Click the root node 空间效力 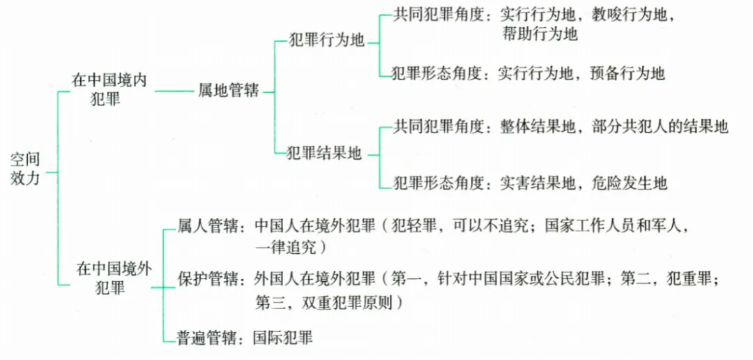click(26, 170)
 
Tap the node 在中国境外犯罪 click(109, 278)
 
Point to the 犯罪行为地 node click(327, 40)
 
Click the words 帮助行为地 click(539, 33)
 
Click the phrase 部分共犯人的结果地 click(660, 127)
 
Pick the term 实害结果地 click(538, 183)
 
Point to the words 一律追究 click(287, 247)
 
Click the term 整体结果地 click(538, 127)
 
